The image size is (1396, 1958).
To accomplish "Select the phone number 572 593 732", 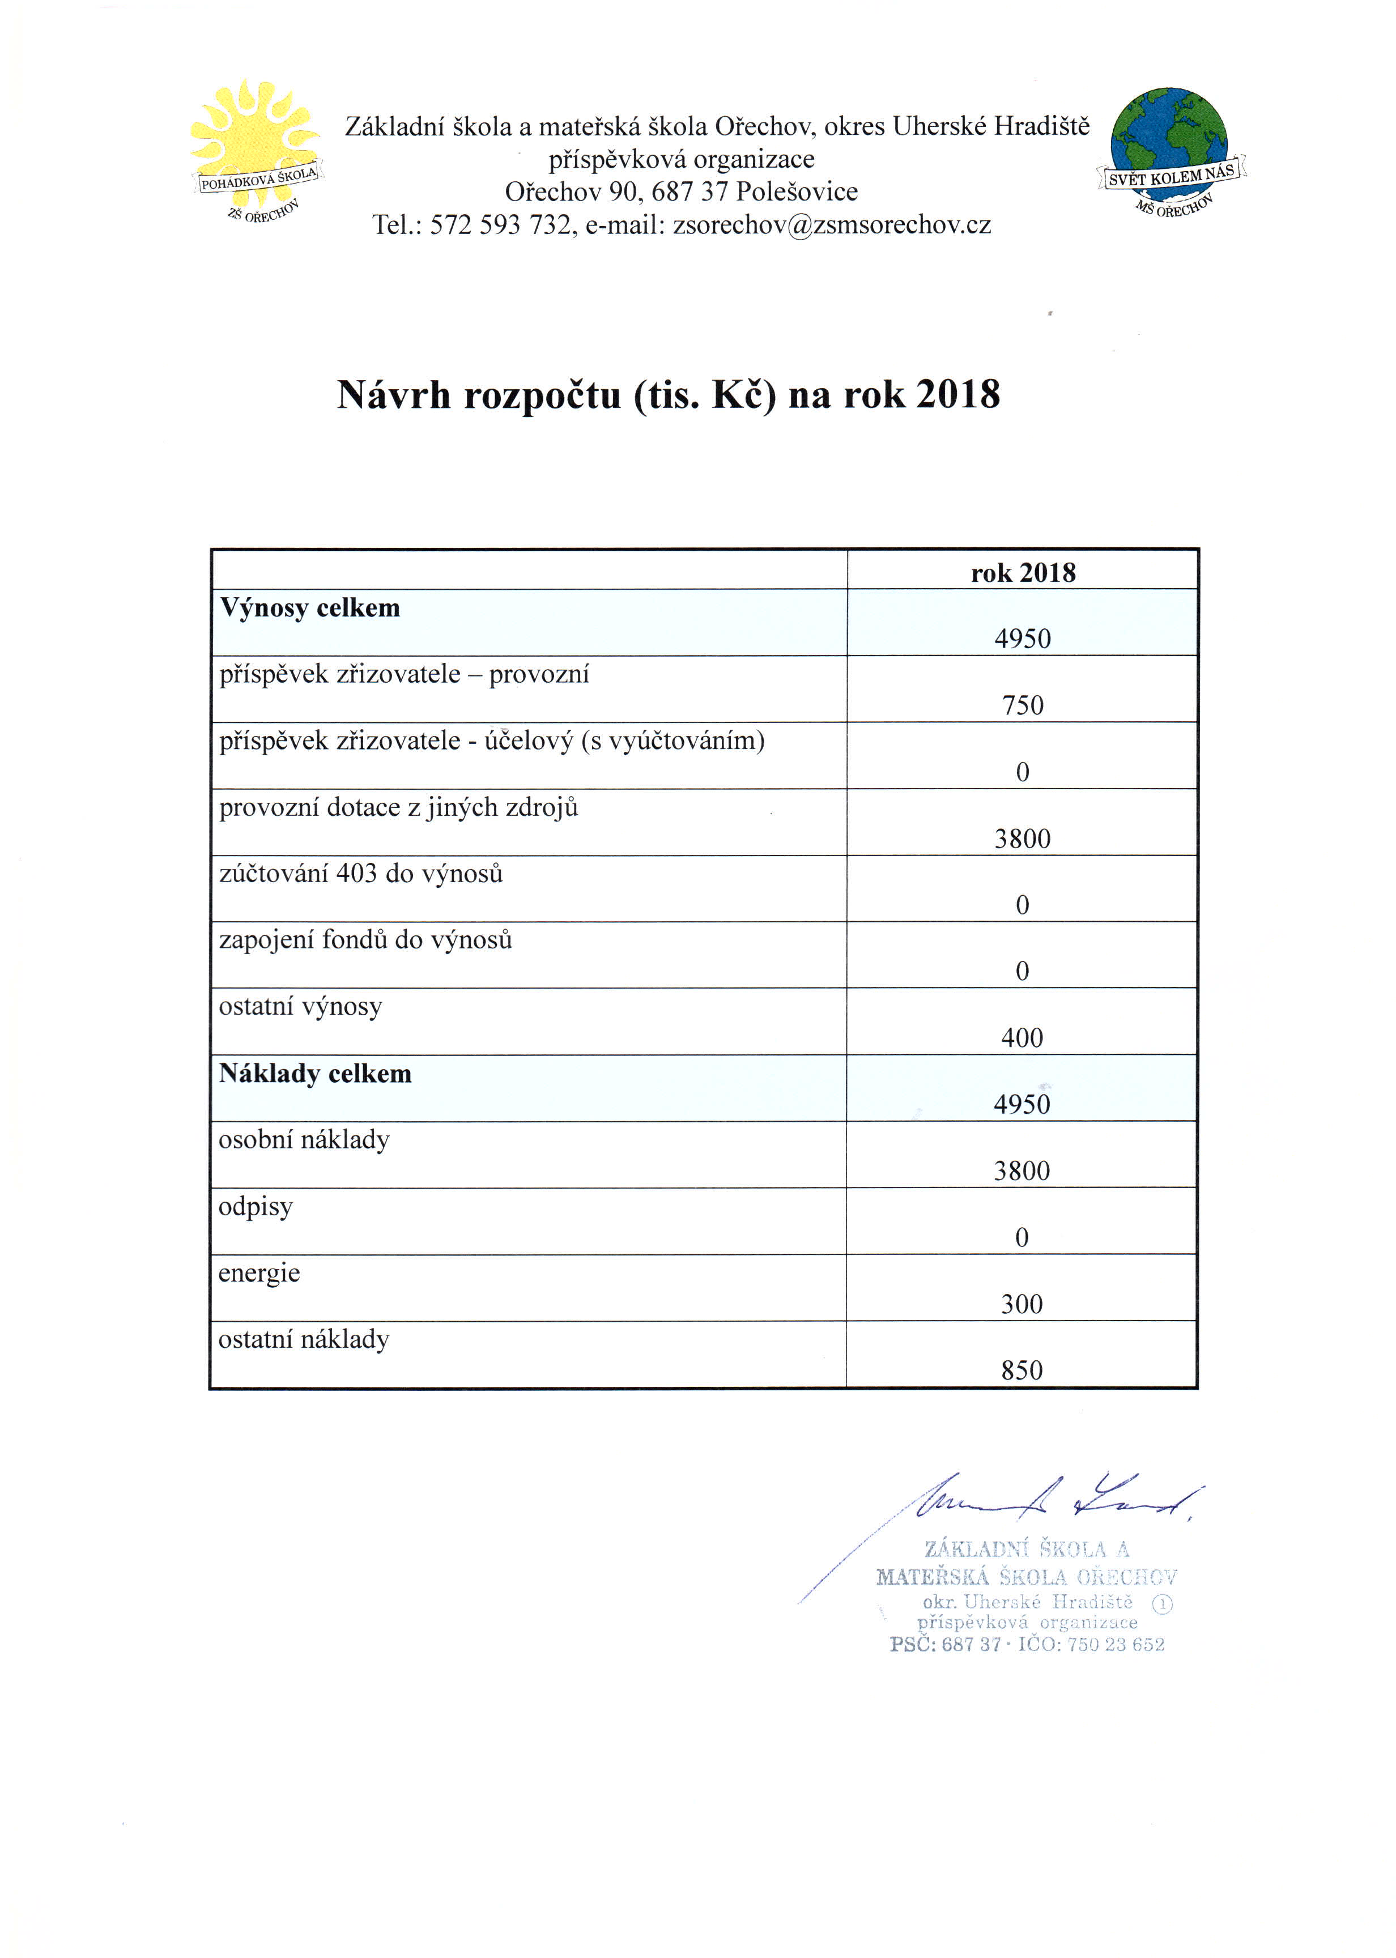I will point(500,225).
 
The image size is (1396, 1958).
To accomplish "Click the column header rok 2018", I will point(1023,572).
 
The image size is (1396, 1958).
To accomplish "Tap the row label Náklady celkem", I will point(314,1074).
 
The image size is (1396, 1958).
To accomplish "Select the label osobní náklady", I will point(304,1140).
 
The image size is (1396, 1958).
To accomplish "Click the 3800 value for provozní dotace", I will point(1022,839).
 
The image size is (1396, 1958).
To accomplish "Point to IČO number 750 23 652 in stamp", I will point(1115,1644).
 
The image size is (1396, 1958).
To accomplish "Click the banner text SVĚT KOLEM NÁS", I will point(1171,175).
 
